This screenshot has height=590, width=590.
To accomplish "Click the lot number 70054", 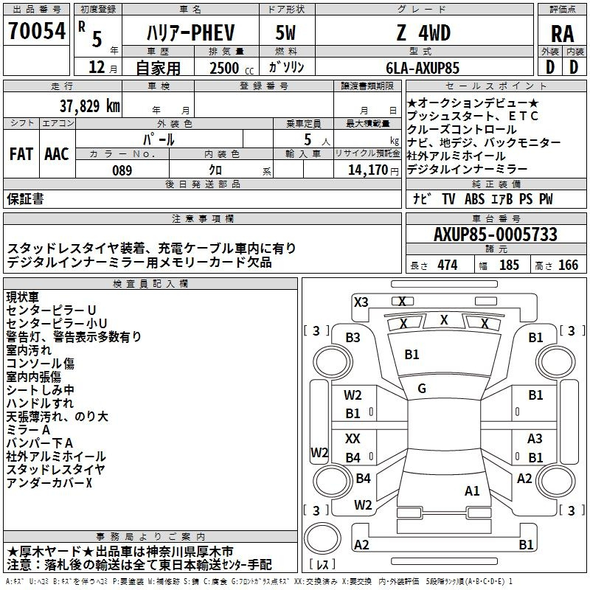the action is click(x=37, y=31).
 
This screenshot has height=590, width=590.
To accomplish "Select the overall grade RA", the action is click(x=562, y=34).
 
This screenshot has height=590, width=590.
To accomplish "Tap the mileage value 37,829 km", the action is click(x=89, y=106).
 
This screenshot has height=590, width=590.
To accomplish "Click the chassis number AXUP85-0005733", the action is click(x=495, y=234).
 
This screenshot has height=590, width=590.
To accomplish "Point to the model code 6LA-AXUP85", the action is click(x=423, y=68).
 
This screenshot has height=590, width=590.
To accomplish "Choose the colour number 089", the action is click(x=122, y=170).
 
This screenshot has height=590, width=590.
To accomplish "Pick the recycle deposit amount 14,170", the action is click(x=367, y=170).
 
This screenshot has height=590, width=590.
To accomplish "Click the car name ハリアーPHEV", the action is click(x=190, y=32).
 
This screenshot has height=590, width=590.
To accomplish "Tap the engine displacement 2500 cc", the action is click(x=232, y=68).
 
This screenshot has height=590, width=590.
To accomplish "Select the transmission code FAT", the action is click(x=21, y=154).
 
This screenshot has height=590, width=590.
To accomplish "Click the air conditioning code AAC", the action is click(x=57, y=154).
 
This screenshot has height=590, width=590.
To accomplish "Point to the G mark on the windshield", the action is click(x=422, y=389).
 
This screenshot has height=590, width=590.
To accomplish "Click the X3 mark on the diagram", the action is click(x=361, y=302).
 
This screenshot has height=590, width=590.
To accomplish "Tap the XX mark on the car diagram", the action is click(x=353, y=438).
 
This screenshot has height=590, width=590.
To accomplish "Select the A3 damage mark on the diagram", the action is click(x=535, y=438).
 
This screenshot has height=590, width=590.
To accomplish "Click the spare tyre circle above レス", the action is click(x=322, y=538).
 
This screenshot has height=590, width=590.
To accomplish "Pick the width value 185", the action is click(x=509, y=265).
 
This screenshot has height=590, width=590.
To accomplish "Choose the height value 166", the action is click(x=568, y=265).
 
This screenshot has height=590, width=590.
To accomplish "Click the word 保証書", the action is click(x=25, y=198).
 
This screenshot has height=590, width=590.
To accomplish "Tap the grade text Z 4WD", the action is click(x=423, y=32).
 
